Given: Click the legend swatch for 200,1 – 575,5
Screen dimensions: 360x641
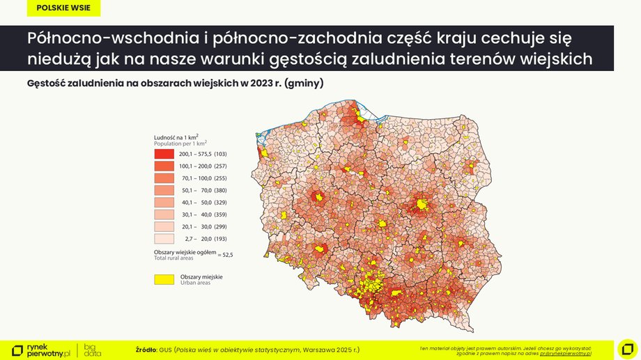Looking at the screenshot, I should [164, 153].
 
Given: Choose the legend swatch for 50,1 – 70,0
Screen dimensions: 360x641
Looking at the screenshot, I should [164, 190].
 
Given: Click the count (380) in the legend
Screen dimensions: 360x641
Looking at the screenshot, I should [221, 190].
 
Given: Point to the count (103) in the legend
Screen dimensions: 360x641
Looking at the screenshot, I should [221, 153].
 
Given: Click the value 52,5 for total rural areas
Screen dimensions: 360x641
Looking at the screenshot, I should [226, 256].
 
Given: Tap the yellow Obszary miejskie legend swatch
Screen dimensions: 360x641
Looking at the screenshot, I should [164, 279].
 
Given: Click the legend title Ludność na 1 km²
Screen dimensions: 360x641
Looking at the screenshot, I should [176, 137].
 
